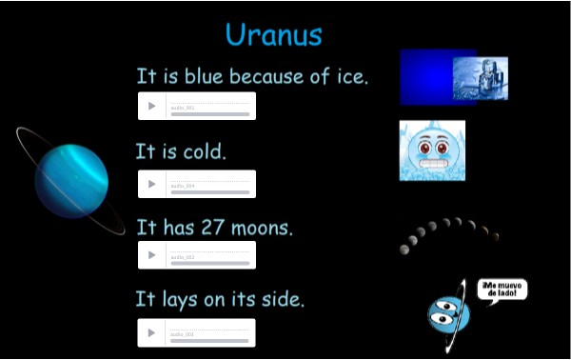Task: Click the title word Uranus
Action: [273, 34]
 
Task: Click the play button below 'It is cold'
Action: [151, 184]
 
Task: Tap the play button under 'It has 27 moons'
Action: [151, 255]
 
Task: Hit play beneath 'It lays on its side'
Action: [151, 332]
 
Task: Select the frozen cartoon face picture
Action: [432, 150]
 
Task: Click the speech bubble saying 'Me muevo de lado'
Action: [502, 290]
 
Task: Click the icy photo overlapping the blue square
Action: [481, 77]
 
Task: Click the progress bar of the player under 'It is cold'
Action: [209, 191]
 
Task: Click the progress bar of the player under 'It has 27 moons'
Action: [209, 263]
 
